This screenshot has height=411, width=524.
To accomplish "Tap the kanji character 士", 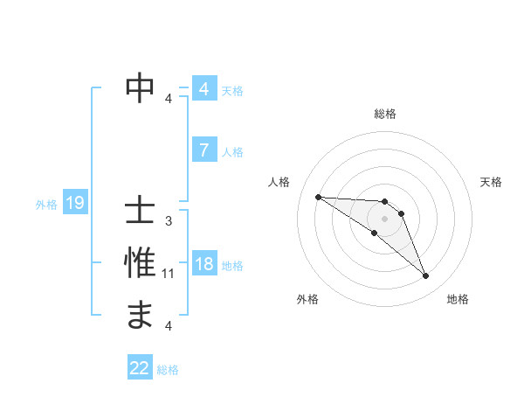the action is coord(141,212).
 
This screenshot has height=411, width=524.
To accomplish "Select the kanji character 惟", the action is coord(141,263).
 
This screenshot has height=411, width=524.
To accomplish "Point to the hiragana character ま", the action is coord(141,314).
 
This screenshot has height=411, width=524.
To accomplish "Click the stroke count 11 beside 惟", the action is coord(169,274).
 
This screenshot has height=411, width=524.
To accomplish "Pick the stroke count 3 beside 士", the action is coord(169,221).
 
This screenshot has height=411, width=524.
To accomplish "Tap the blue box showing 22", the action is coord(140,368).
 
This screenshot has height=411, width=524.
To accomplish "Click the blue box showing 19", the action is coord(75,204).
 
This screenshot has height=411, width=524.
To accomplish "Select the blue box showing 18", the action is coord(203,265).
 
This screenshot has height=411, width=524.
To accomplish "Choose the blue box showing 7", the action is coord(203,150).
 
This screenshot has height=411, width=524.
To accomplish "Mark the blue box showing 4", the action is coord(203,89).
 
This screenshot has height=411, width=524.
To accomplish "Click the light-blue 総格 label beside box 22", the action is coord(168,370).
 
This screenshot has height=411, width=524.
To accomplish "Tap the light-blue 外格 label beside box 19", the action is coord(46,205).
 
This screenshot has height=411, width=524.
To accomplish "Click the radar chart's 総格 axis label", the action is coord(385,114).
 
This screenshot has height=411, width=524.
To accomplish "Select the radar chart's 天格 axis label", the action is coord(491,182).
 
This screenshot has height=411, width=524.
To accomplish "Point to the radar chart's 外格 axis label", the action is coord(307,299).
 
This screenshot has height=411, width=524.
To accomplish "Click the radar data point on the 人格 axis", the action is coord(318,197).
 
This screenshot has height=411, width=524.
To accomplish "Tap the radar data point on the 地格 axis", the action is coord(425,276).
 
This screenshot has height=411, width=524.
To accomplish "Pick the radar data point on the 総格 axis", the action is coord(384,202).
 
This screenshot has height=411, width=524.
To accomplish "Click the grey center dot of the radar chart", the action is coord(384,219).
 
